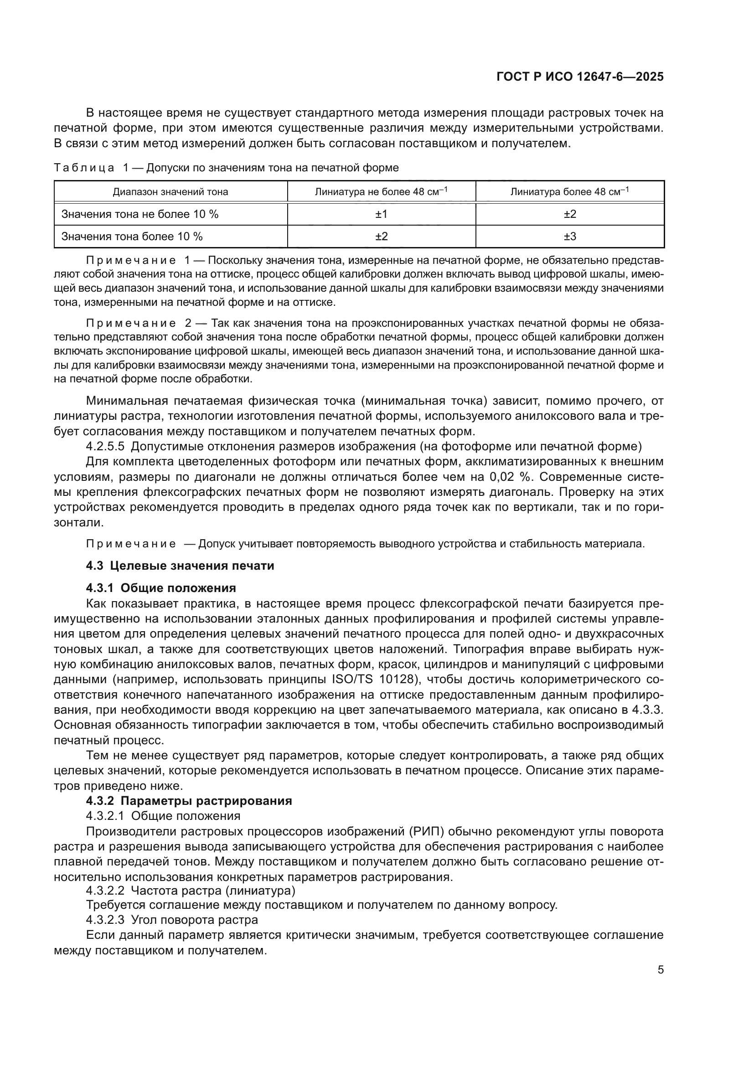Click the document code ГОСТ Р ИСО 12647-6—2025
pos(580,77)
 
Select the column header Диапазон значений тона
pos(170,192)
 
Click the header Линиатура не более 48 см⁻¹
pos(381,191)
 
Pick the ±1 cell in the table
pos(381,214)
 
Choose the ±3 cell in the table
pos(570,237)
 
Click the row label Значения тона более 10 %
pos(132,237)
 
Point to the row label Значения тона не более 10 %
pos(140,214)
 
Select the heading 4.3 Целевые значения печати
pos(180,566)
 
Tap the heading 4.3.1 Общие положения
pos(160,588)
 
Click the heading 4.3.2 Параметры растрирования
pos(189,800)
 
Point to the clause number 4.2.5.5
pos(105,447)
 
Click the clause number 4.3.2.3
pos(105,920)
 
